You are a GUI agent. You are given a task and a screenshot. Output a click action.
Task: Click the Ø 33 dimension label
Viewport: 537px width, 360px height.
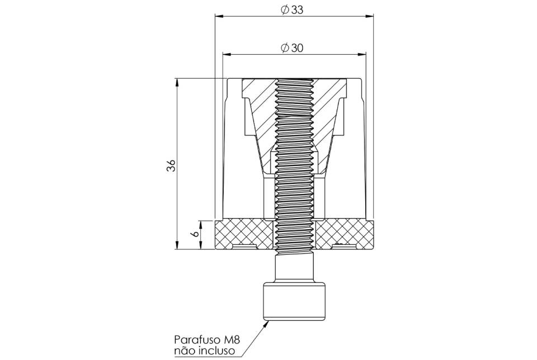click(x=292, y=10)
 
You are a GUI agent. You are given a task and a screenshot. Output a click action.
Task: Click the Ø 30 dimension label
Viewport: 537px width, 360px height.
click(x=292, y=48)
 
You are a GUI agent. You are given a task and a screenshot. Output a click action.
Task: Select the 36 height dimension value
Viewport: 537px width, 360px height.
click(x=171, y=165)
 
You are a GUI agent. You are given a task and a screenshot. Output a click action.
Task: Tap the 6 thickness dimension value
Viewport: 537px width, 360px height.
click(x=195, y=234)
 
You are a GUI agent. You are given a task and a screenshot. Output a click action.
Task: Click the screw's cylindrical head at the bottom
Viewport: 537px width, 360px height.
click(x=294, y=301)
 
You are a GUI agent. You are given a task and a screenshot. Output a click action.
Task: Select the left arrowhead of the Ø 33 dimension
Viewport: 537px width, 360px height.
click(x=219, y=16)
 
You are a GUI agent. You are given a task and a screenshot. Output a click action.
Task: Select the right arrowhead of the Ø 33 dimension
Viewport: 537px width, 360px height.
click(x=369, y=16)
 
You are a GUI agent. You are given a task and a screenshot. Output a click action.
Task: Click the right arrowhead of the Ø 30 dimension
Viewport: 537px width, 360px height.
click(x=362, y=54)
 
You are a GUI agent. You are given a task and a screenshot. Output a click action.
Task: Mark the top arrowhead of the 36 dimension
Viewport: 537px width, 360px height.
click(x=177, y=83)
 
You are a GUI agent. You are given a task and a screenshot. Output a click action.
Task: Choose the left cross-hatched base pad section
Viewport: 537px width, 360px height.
click(x=244, y=234)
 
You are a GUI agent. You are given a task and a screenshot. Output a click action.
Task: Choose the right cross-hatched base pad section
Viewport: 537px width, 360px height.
click(x=344, y=234)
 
